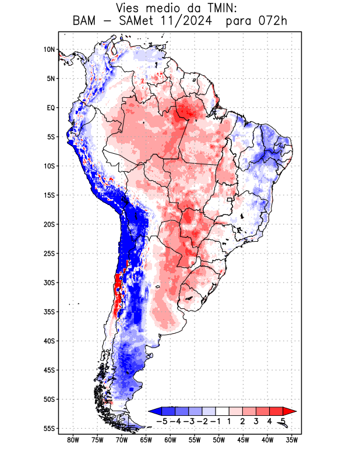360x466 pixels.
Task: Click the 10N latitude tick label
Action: (49, 50)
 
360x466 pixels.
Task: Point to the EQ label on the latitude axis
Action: (51, 108)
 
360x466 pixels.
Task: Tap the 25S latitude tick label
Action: (49, 253)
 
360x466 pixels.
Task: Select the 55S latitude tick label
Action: (49, 428)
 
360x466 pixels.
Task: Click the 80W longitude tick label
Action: (73, 440)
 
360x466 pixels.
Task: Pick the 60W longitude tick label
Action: (171, 440)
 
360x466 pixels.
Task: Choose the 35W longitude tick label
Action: (292, 440)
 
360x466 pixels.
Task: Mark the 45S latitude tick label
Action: (49, 370)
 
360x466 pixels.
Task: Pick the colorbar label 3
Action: (256, 421)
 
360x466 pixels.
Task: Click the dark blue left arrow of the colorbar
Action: (155, 411)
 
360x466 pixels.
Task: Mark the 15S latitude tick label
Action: (49, 195)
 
